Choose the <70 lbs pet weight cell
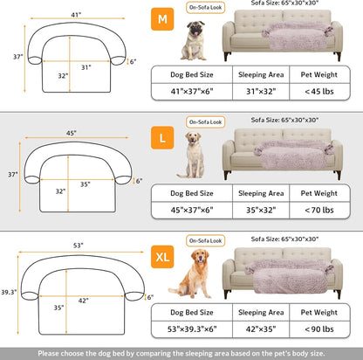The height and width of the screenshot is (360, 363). point(317,211)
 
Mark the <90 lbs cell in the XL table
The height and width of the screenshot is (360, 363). point(317,329)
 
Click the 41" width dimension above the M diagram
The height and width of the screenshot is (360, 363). point(78,14)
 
